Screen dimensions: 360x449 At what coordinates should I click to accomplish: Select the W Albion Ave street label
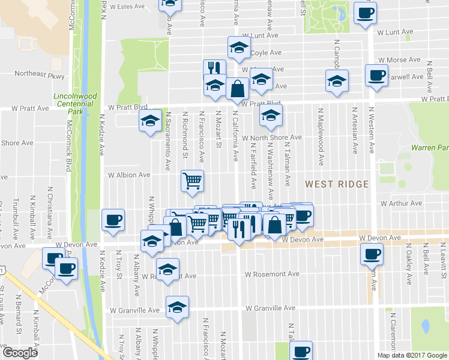tap(128, 175)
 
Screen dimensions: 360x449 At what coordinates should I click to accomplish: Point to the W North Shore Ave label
tap(272, 137)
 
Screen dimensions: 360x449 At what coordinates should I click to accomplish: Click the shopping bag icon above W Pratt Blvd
tap(238, 88)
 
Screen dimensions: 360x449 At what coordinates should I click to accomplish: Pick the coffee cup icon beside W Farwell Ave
tap(376, 76)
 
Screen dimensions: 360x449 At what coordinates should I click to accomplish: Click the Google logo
tap(20, 353)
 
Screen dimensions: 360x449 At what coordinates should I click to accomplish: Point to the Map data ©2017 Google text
tap(411, 355)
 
